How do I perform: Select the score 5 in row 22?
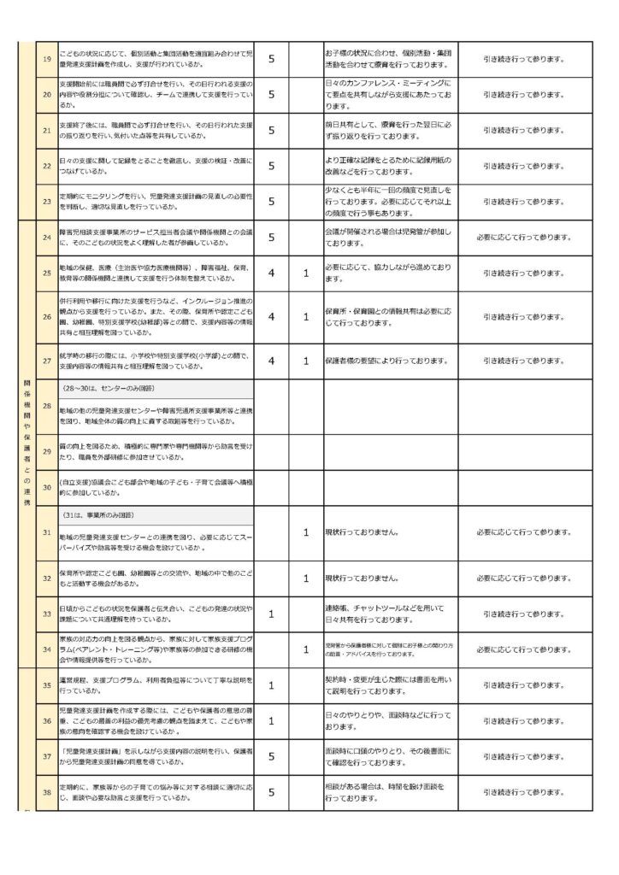click(x=271, y=167)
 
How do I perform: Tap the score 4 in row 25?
click(x=271, y=273)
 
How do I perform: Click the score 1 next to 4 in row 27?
click(x=306, y=361)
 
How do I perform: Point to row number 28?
click(x=47, y=405)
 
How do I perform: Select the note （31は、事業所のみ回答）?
click(x=110, y=516)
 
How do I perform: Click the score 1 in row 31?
click(x=306, y=532)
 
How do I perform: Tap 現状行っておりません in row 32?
click(x=362, y=578)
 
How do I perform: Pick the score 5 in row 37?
click(x=271, y=755)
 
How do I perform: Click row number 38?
click(x=47, y=792)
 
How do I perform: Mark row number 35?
click(x=47, y=685)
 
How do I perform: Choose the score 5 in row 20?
click(x=271, y=94)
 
